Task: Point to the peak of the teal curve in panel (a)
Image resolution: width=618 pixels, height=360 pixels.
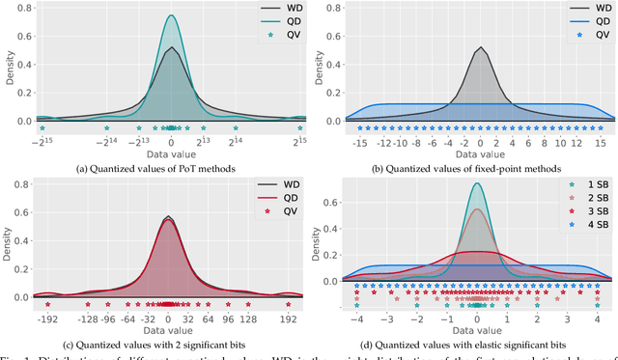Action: tap(171, 15)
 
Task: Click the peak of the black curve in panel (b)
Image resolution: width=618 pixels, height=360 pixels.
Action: tap(480, 47)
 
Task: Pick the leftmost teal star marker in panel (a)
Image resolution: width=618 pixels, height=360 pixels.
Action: tap(42, 127)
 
